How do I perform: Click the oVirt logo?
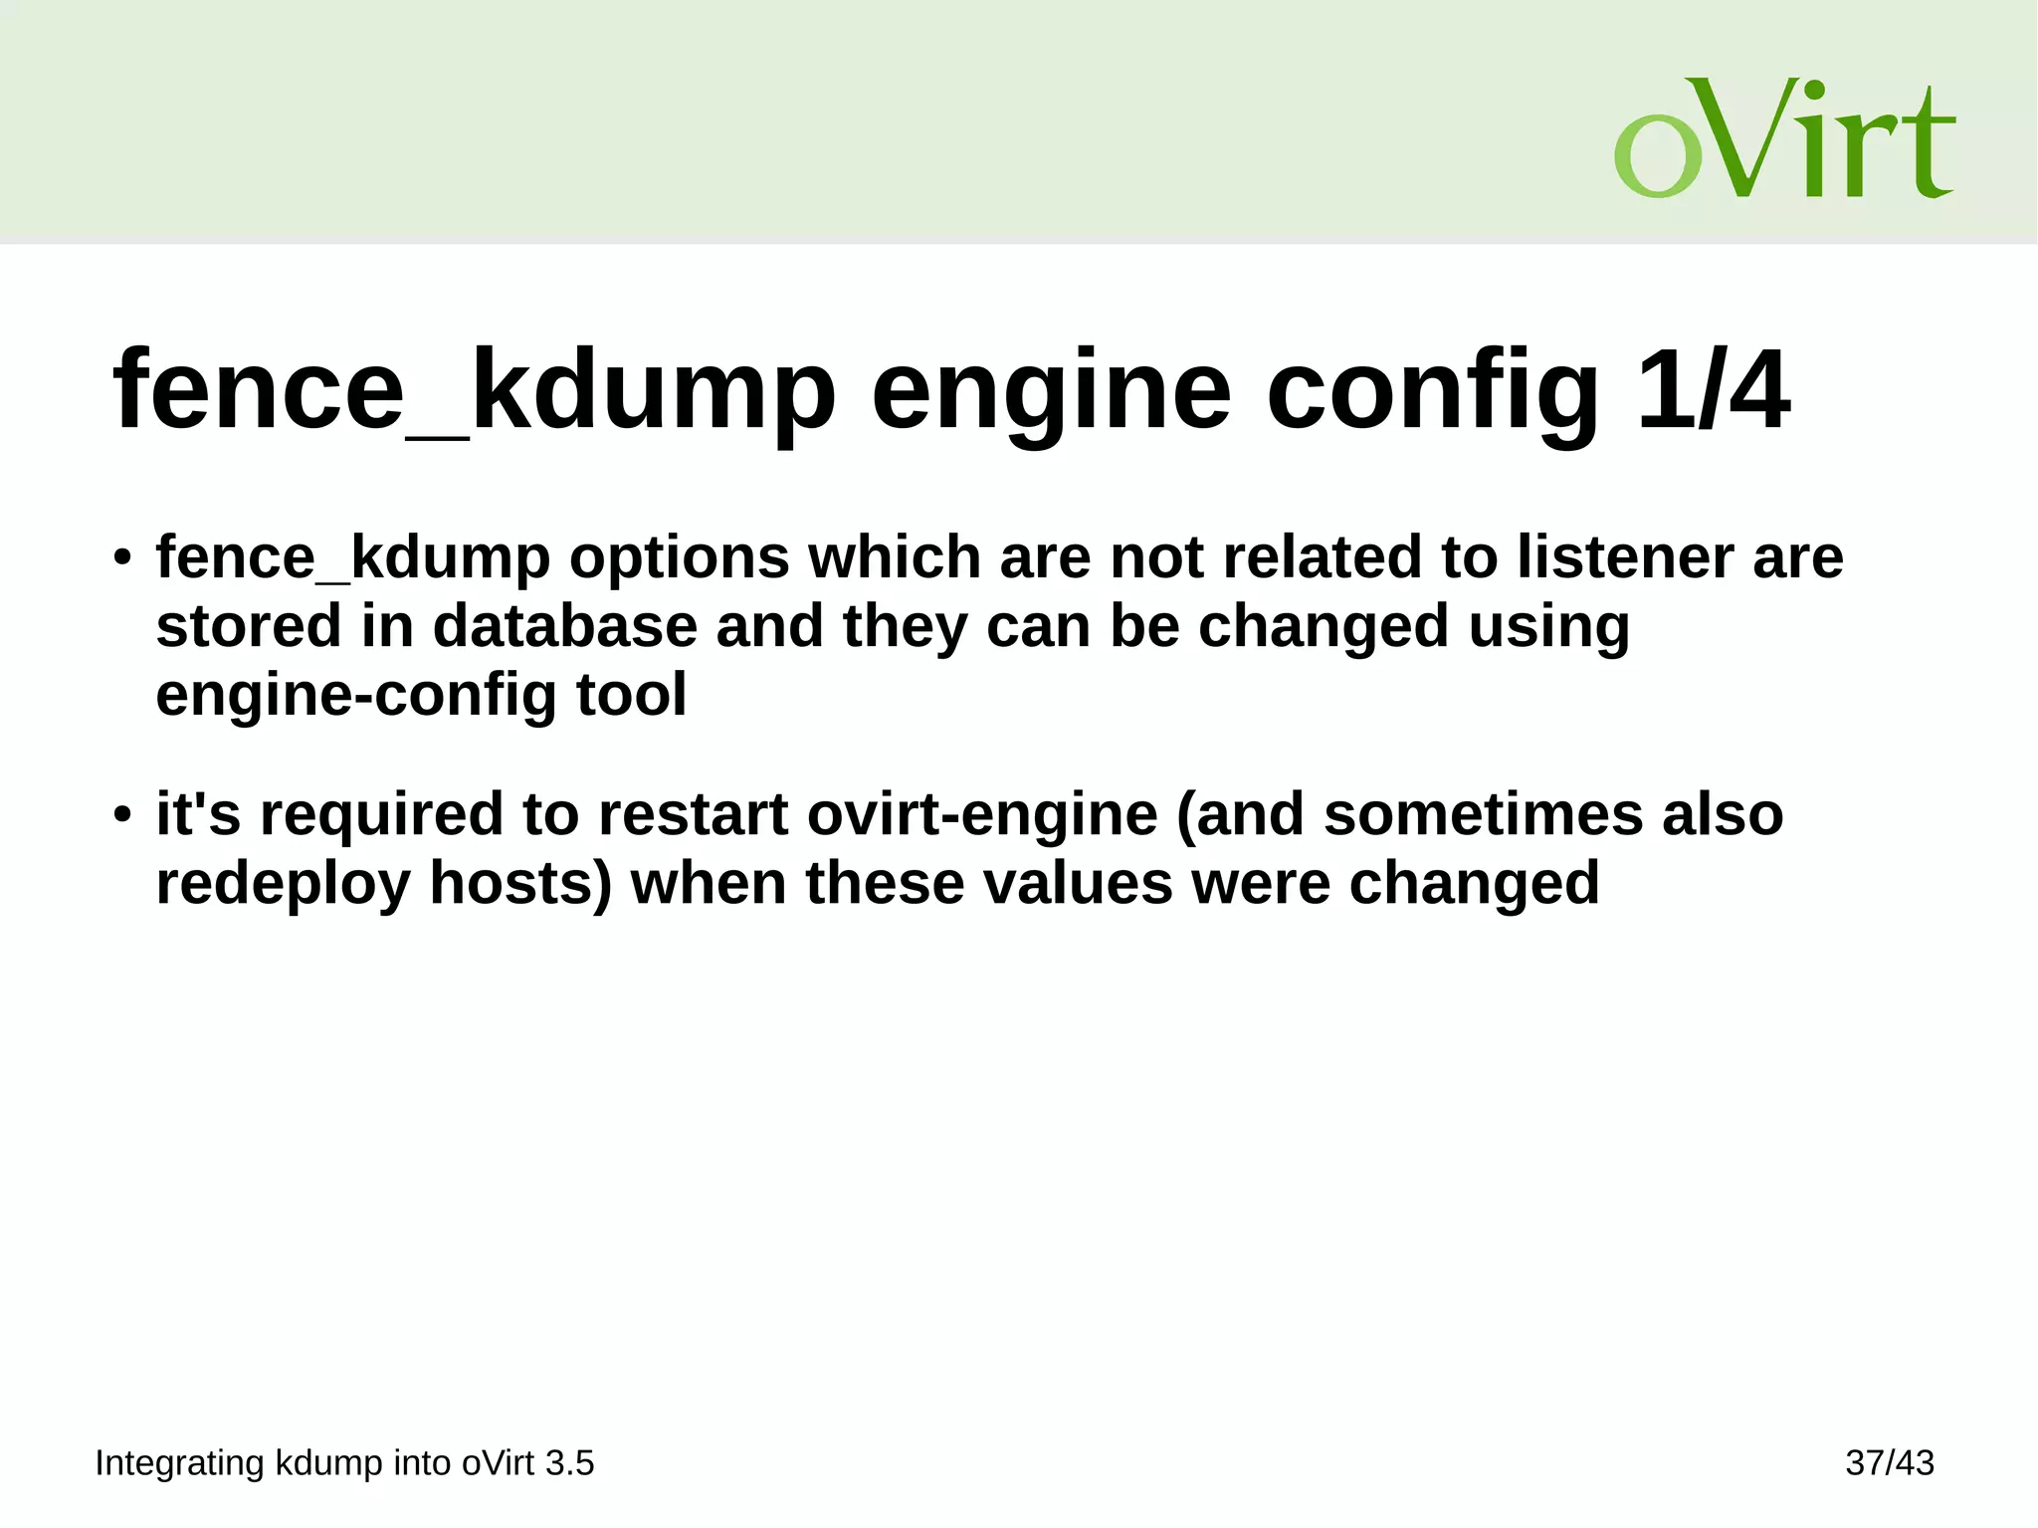tap(1783, 138)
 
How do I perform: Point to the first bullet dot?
tap(122, 557)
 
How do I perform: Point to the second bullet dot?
tap(122, 815)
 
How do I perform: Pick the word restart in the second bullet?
tap(693, 814)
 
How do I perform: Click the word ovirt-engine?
tap(982, 814)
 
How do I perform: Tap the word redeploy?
tap(284, 884)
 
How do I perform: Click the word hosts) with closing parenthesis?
tap(520, 884)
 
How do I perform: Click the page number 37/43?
tap(1889, 1463)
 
